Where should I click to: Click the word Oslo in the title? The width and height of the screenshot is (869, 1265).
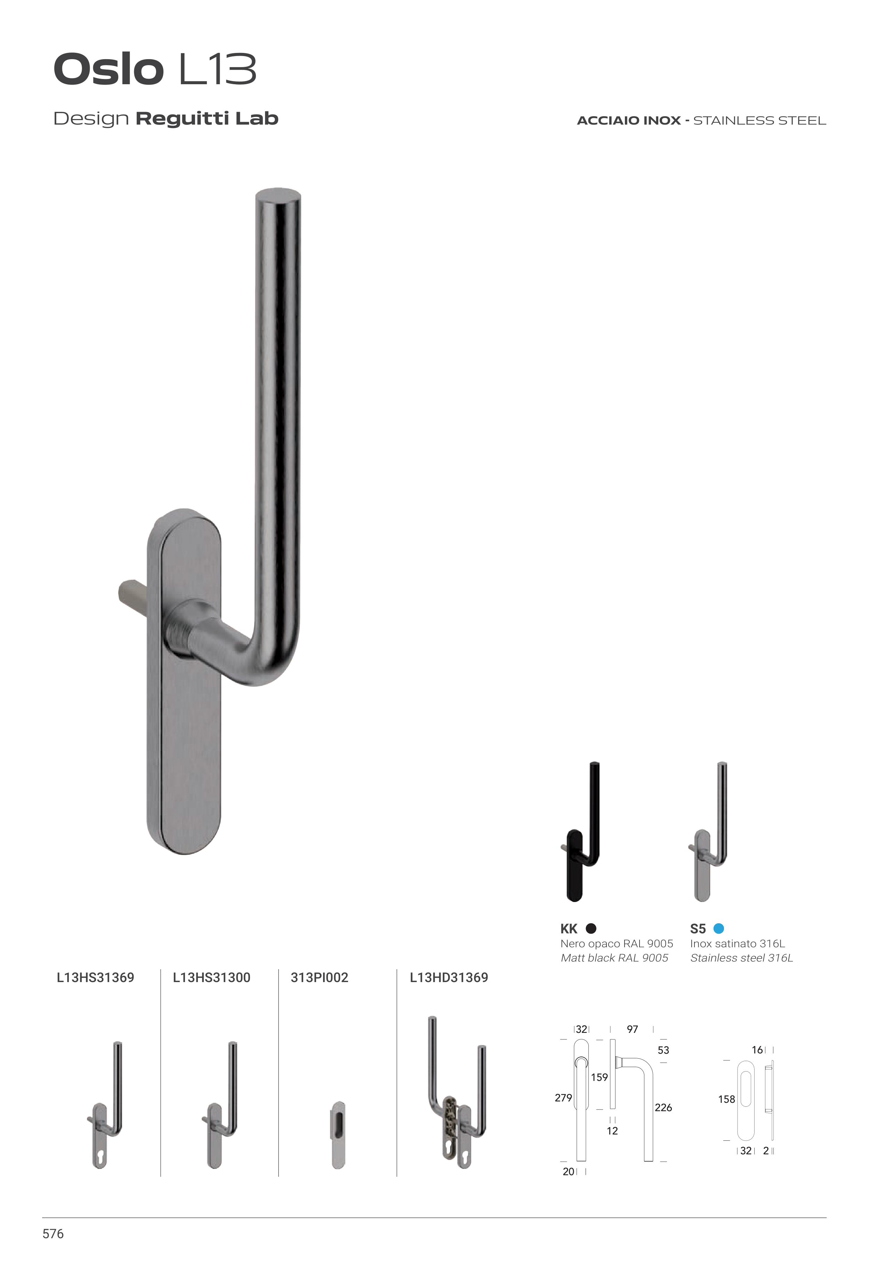[x=108, y=69]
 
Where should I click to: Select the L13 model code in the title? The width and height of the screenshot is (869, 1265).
[x=218, y=69]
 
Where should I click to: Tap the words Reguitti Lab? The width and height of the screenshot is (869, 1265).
[x=207, y=118]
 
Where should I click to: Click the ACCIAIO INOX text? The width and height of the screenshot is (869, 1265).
[x=628, y=120]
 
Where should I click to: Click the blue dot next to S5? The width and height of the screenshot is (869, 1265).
[x=719, y=928]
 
